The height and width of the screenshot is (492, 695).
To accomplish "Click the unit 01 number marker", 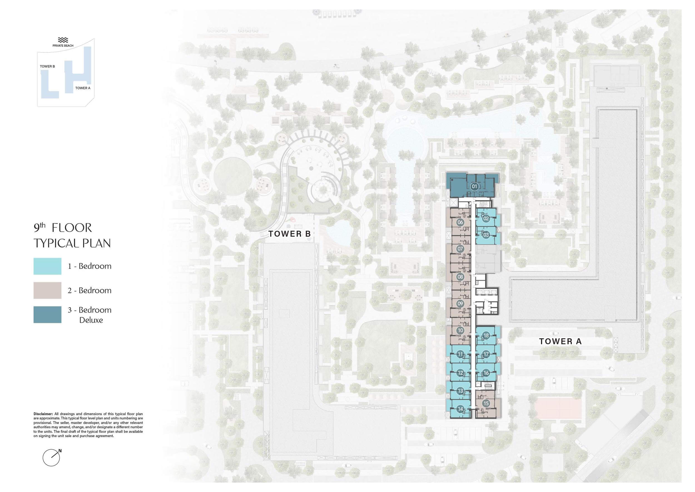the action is tap(474, 186).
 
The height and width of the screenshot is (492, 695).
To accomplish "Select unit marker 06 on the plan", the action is tap(460, 222).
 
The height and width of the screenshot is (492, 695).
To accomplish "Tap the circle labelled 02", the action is tap(486, 218).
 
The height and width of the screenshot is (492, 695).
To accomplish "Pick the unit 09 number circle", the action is tap(460, 304).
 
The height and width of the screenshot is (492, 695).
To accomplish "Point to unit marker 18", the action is tap(486, 335).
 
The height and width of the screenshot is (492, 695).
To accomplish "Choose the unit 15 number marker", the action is tap(486, 403).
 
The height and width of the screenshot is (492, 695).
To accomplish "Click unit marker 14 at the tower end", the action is tap(460, 409).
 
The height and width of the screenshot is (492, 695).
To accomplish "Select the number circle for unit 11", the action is tap(460, 354).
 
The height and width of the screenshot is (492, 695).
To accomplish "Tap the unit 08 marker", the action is tap(460, 277).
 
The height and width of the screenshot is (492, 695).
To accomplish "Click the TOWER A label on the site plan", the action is tap(560, 341).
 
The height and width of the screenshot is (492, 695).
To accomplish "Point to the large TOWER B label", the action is tap(290, 233).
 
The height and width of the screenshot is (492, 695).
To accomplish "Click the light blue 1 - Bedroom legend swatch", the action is tap(47, 266).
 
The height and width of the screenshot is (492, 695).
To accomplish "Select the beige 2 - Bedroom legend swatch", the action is tap(47, 290).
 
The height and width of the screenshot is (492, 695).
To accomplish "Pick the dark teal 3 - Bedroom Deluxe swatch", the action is tap(47, 314).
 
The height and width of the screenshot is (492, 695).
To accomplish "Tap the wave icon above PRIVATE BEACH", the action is tap(63, 40).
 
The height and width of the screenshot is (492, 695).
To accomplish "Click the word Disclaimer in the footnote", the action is tap(43, 414).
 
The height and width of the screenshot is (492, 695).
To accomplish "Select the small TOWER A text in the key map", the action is tap(83, 88).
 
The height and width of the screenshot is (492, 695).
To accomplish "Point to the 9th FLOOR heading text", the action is tap(63, 228).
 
